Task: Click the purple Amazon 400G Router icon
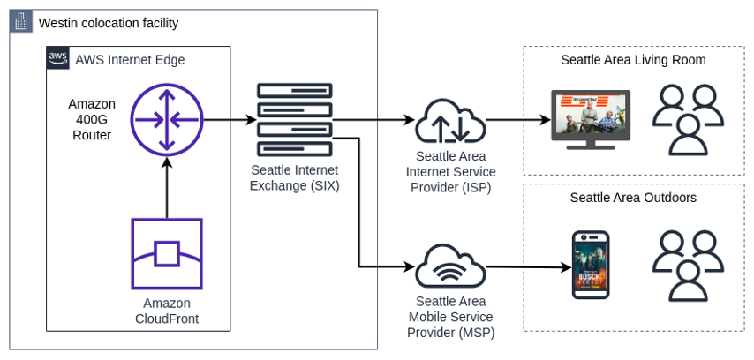coord(167,120)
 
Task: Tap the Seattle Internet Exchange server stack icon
coord(294,122)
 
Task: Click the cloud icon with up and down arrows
coord(450,121)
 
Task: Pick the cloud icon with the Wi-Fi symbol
coord(450,266)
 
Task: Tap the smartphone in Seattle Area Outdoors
coord(591,265)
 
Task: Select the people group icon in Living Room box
coord(688,119)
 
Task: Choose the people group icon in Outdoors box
coord(688,266)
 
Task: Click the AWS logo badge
coord(58,58)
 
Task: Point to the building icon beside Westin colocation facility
coord(21,22)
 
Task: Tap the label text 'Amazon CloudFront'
coord(167,311)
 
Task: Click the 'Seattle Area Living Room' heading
coord(633,60)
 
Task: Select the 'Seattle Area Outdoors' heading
coord(633,198)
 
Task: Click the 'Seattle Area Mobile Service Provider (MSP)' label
coord(450,317)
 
